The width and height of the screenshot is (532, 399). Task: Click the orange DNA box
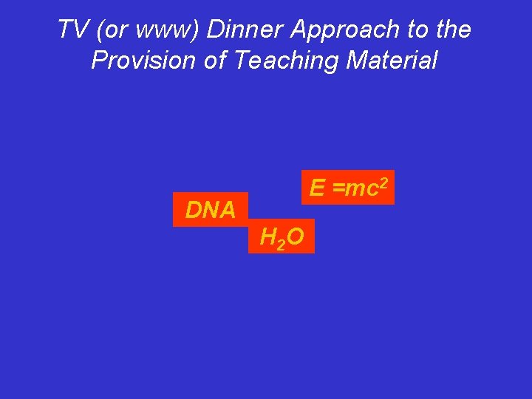click(210, 210)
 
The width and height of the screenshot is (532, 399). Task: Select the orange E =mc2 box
click(347, 188)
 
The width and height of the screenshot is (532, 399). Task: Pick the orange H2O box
click(282, 236)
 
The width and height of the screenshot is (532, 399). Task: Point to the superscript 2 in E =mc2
click(383, 181)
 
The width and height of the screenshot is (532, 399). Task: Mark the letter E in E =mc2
click(317, 188)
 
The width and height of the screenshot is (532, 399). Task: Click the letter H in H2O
click(267, 236)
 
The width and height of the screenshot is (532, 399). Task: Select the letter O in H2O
click(294, 236)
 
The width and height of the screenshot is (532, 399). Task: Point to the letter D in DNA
click(194, 211)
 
